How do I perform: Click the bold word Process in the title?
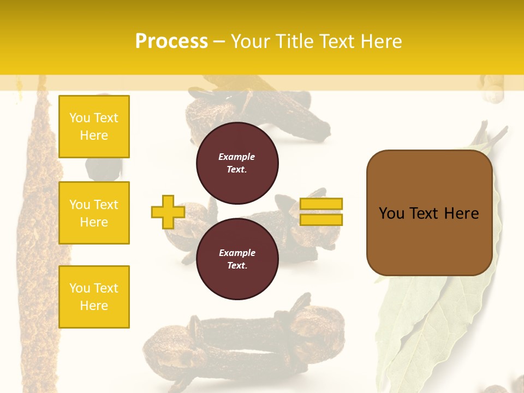point(171,41)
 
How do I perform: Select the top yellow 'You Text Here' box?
point(94,127)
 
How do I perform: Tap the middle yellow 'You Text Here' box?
point(94,213)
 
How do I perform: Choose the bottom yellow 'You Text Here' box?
point(94,297)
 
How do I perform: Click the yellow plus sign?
point(168,212)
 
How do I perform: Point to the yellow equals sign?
point(321,212)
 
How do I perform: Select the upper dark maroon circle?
point(237,163)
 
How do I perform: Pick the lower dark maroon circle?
point(237,259)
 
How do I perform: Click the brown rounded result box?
point(429,213)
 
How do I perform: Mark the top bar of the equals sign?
point(321,204)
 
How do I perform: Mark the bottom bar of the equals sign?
point(321,219)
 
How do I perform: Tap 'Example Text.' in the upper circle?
point(237,163)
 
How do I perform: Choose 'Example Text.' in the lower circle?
point(237,259)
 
